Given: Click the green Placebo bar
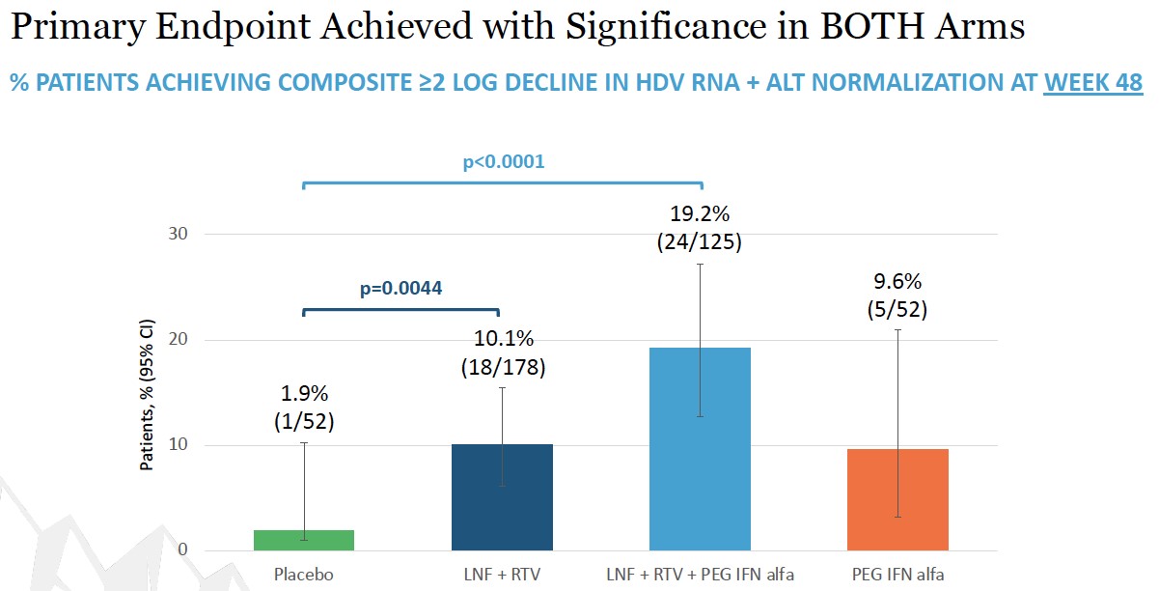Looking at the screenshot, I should coord(304,540).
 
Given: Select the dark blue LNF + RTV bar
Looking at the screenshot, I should coord(502,497).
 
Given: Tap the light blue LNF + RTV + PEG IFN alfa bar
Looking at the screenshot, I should coord(700,449).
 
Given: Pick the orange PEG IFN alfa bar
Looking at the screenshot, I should coord(897,499).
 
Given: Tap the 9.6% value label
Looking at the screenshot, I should coord(898,282).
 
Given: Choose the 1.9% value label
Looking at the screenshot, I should coord(303,394).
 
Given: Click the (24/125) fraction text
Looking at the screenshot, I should coord(701,242).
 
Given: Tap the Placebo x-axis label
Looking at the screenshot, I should coord(304,575).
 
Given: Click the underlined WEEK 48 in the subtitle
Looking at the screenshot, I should coord(1093,83).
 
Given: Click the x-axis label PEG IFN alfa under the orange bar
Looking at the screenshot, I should coord(897,575).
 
